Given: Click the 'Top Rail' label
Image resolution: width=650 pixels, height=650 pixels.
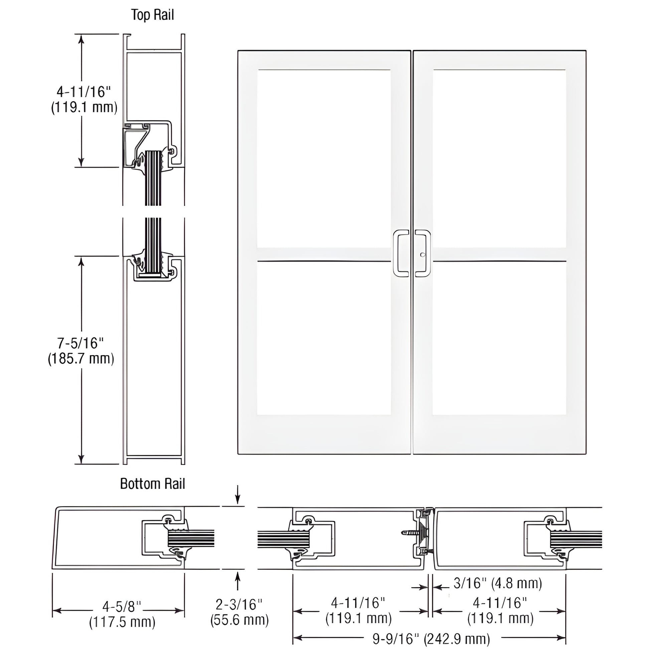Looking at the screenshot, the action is tap(152, 15).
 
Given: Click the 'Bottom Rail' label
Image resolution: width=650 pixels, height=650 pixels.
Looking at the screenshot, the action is tap(152, 484).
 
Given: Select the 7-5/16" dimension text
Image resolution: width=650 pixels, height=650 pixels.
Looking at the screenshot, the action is tap(81, 343).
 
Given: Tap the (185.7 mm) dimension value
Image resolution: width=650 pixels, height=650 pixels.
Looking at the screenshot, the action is tap(81, 359).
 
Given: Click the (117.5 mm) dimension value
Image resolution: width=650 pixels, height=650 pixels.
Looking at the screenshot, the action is tap(122, 622).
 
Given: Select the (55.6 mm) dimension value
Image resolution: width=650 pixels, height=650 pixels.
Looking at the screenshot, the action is tap(239, 620).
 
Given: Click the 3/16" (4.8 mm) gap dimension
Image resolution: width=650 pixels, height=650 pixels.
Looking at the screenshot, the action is tap(498, 583).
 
